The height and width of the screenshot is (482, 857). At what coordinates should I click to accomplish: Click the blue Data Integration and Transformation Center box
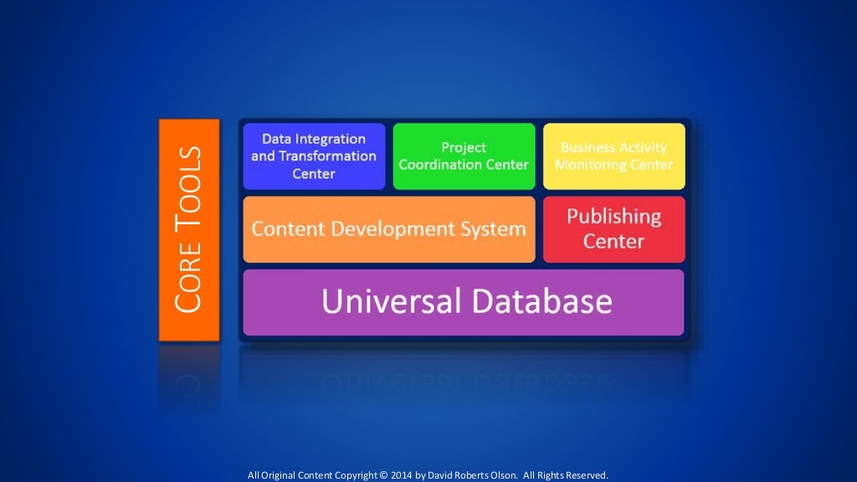coord(314,156)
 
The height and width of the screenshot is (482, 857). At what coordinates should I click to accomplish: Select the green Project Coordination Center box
coord(464,156)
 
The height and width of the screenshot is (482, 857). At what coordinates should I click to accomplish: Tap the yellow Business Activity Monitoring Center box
coord(613,156)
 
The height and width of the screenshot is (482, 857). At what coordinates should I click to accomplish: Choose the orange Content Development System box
coord(389,229)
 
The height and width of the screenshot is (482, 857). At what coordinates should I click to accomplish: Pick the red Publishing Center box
coord(613,229)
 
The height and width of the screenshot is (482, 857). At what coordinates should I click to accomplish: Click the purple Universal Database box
coord(464,302)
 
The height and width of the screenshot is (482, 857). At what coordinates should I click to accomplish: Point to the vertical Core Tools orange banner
coord(189,229)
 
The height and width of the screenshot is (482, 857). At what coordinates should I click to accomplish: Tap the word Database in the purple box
coord(541,301)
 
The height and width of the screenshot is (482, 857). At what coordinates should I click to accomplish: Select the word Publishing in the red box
coord(613,217)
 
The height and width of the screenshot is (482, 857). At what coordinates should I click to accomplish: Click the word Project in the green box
coord(464,148)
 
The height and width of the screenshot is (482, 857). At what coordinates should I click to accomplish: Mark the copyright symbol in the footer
coord(384,475)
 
